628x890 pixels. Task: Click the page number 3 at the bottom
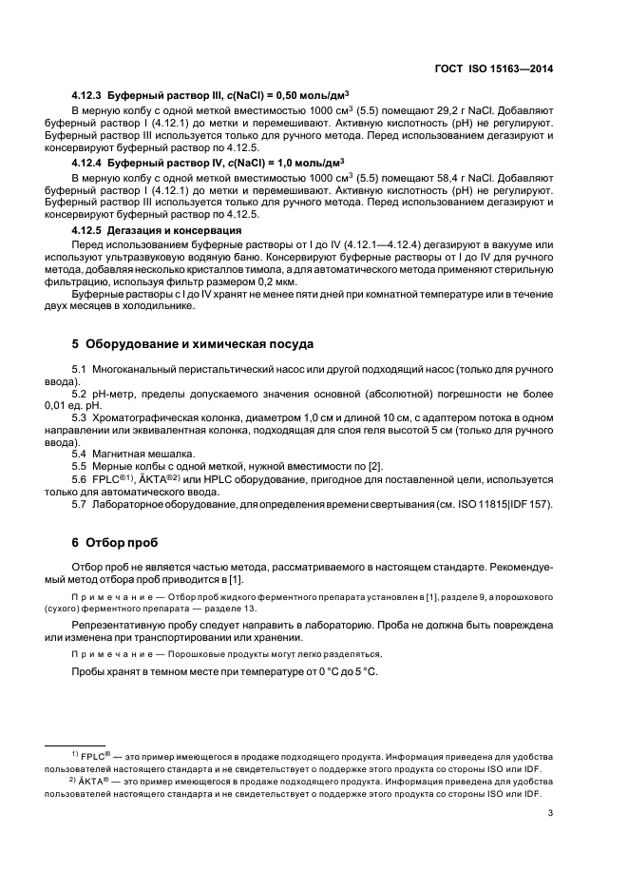[x=551, y=813]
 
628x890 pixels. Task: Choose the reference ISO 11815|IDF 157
[x=503, y=504]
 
